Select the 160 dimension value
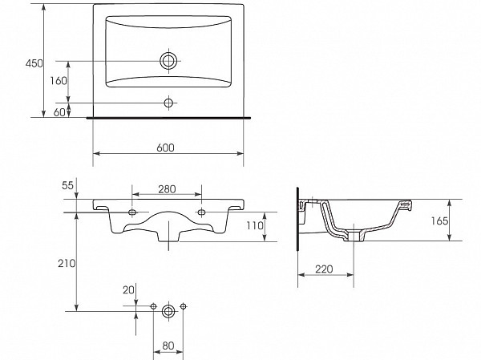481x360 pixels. [58, 81]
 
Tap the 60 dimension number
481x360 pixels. [59, 112]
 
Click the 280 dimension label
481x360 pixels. [167, 189]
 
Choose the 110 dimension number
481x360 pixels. [254, 226]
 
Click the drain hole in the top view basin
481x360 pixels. [169, 60]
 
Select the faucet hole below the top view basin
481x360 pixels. [169, 103]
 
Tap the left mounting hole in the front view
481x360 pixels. [133, 212]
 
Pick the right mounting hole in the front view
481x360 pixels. [200, 212]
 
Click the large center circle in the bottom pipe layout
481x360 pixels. [168, 309]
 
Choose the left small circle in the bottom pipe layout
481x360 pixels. [154, 307]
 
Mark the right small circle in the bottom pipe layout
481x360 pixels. [184, 307]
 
